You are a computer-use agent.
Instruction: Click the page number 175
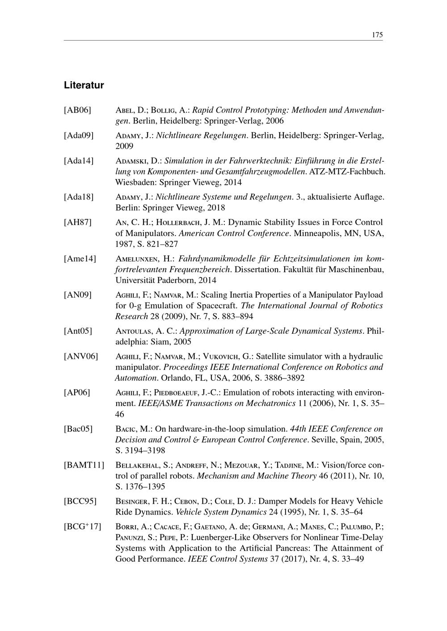pos(377,35)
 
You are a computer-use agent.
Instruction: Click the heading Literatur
pos(84,85)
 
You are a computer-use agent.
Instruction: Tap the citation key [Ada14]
pos(79,161)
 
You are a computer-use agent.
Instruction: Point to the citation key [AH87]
pos(78,222)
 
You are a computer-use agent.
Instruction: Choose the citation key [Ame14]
pos(80,259)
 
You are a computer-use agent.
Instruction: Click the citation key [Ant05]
pos(78,331)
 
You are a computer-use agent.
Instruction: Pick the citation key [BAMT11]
pos(84,465)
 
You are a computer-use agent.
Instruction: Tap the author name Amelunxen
pos(143,259)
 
